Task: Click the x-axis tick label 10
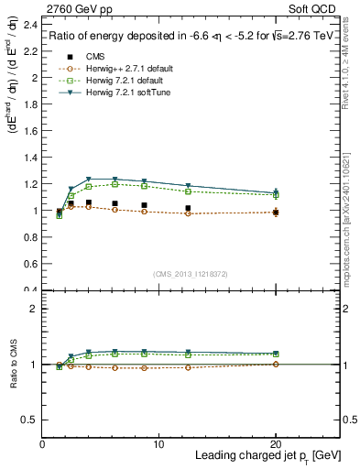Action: tap(159, 444)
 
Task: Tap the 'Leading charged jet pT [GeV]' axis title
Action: tap(266, 457)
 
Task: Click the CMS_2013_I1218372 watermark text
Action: tap(191, 274)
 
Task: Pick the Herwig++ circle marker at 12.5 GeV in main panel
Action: tap(189, 213)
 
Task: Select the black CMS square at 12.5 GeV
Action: tap(189, 208)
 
